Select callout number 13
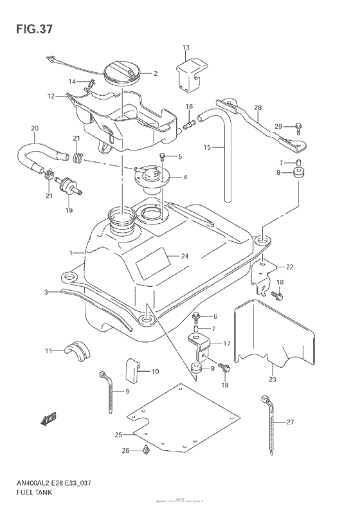[x=186, y=48]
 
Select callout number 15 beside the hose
[x=208, y=148]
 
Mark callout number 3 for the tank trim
[x=46, y=293]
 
